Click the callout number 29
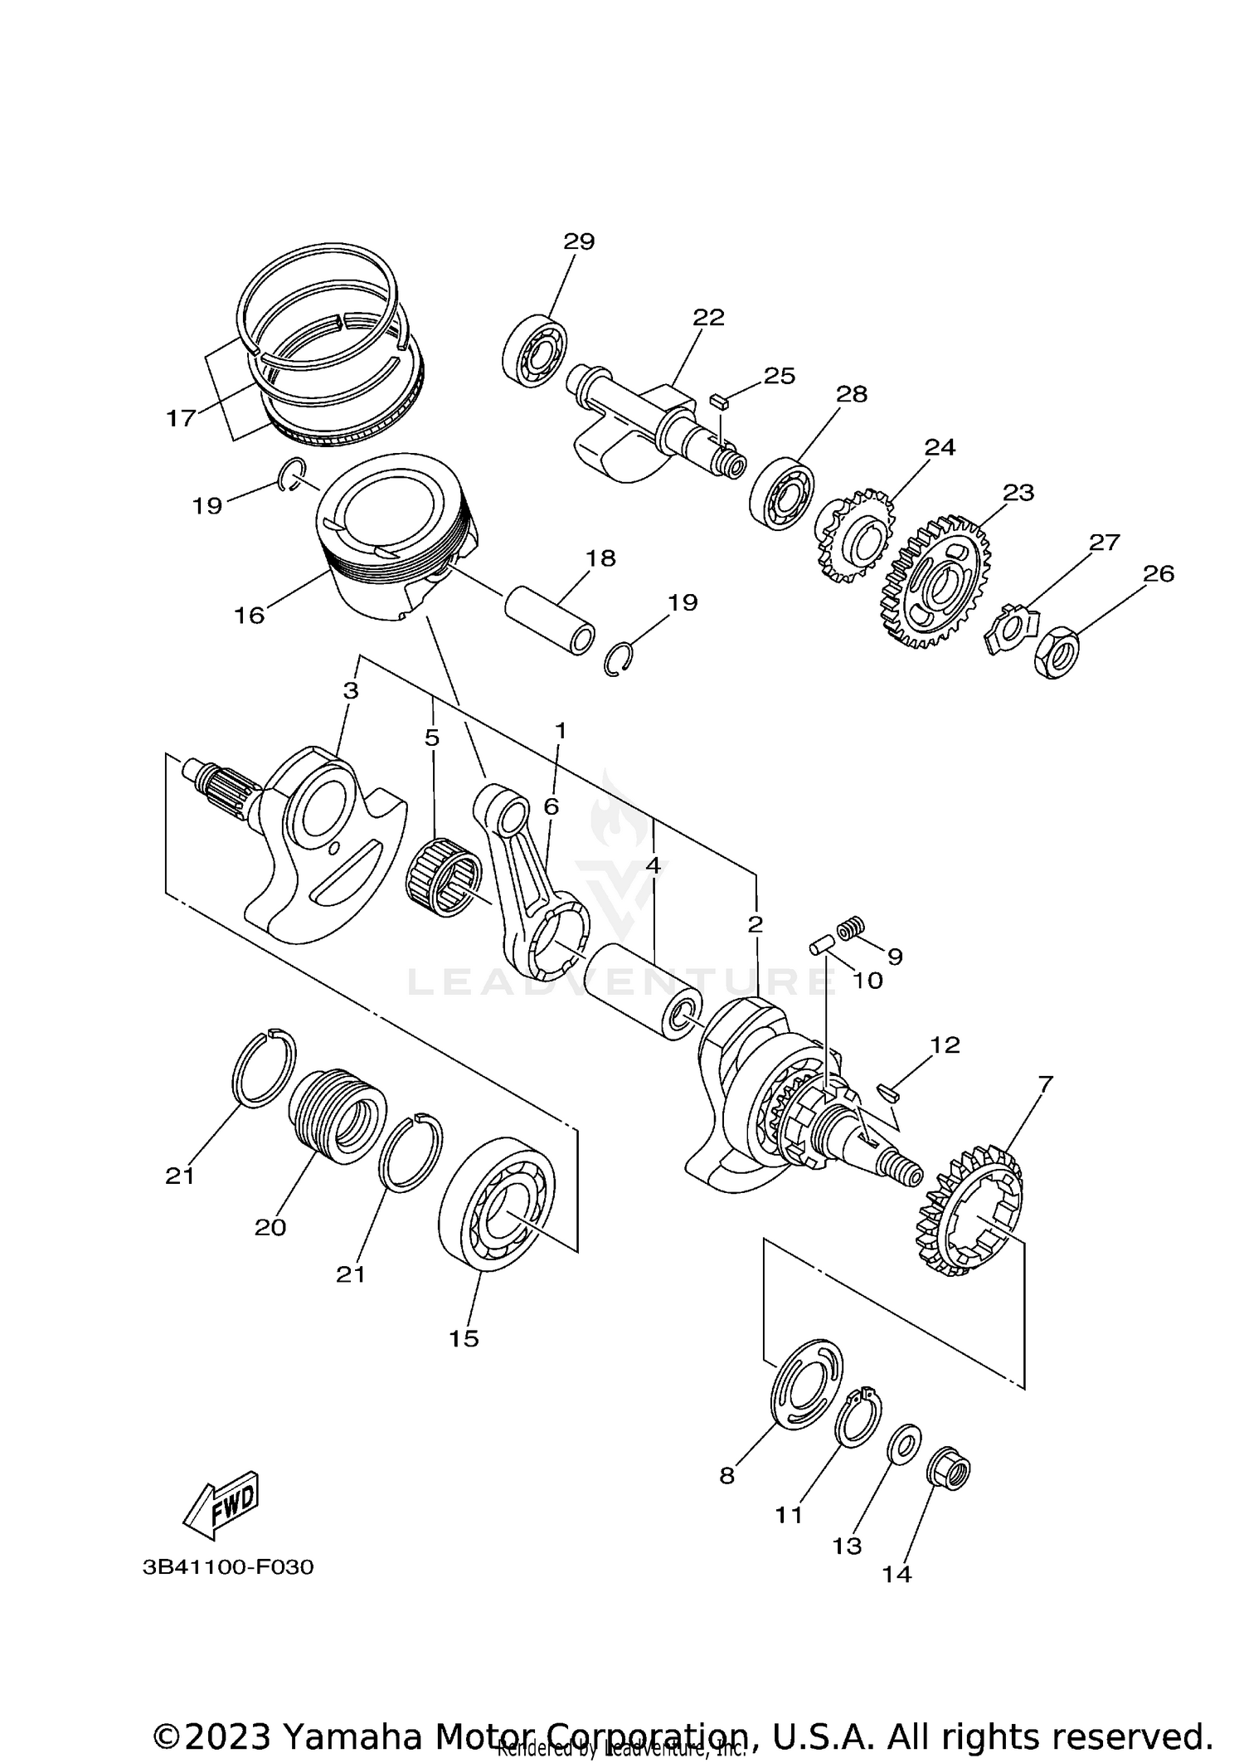pyautogui.click(x=579, y=241)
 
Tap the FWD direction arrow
pyautogui.click(x=221, y=1504)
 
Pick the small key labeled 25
pyautogui.click(x=718, y=402)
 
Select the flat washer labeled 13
pyautogui.click(x=902, y=1445)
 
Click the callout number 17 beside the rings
pyautogui.click(x=180, y=417)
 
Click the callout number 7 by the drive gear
pyautogui.click(x=1044, y=1084)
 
